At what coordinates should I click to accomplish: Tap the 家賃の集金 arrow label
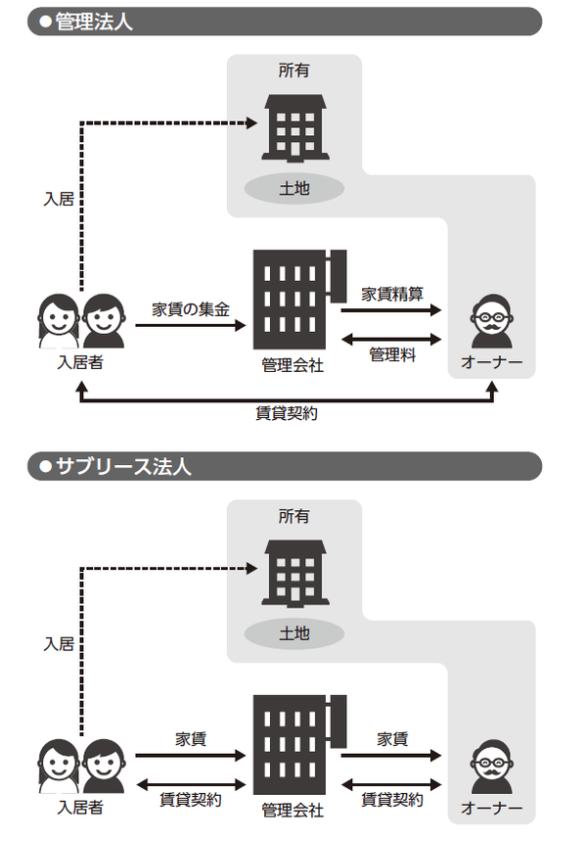[190, 309]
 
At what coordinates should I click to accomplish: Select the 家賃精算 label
[391, 293]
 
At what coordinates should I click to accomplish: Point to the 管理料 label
[391, 354]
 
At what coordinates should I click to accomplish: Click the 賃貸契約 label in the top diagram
[286, 413]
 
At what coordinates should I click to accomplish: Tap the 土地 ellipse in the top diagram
[293, 188]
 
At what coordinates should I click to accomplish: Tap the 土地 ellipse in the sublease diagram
[293, 633]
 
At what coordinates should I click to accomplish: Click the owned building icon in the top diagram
[293, 127]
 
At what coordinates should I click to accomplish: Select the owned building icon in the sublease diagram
[293, 573]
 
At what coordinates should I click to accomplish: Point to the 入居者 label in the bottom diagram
[80, 808]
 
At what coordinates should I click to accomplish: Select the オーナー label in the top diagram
[491, 364]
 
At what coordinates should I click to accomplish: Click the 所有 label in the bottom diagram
[293, 516]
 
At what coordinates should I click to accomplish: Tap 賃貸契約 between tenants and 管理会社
[190, 799]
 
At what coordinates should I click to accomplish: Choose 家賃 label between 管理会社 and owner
[391, 738]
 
